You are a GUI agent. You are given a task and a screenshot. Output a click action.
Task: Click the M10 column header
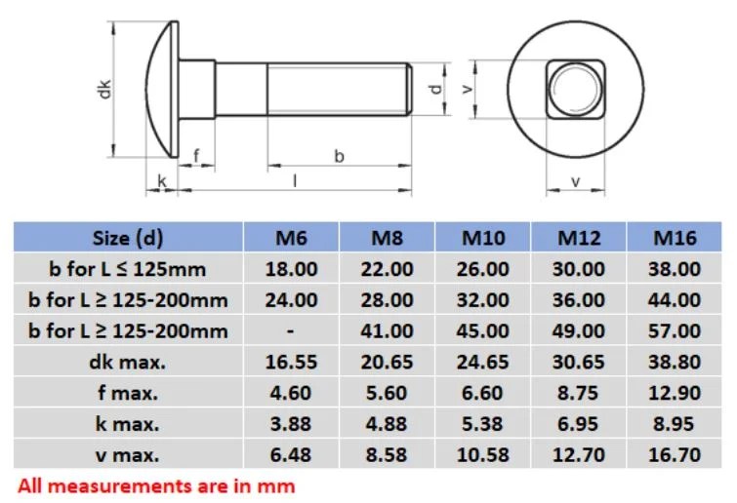click(484, 238)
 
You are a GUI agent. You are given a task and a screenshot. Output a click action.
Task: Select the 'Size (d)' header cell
click(128, 238)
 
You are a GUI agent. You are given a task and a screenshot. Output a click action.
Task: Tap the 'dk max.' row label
click(128, 362)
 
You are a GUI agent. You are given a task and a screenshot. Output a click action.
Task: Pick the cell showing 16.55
click(291, 362)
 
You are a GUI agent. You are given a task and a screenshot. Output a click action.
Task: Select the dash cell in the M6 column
click(291, 330)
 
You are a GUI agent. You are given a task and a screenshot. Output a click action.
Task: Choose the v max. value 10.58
click(484, 454)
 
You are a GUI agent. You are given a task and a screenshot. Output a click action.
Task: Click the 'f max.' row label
click(128, 393)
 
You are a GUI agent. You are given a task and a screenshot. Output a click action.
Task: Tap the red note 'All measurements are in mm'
click(156, 484)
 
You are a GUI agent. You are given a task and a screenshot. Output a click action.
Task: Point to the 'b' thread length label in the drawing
click(340, 156)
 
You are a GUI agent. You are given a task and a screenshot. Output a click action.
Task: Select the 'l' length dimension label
click(294, 179)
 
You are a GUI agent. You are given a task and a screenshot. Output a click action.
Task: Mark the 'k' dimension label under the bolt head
click(162, 181)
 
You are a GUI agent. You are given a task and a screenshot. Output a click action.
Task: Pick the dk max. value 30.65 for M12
click(580, 362)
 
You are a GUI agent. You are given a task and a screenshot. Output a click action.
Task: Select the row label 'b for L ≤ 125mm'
click(128, 269)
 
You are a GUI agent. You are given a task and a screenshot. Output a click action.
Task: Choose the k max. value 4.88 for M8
click(388, 424)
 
